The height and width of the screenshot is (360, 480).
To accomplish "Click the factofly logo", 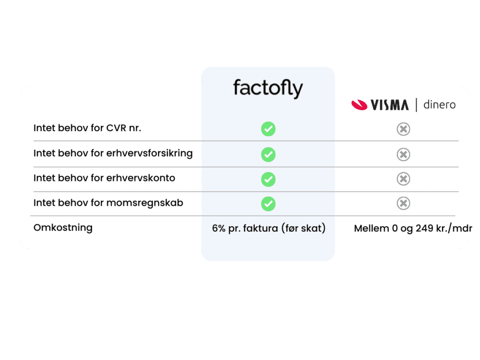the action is pyautogui.click(x=268, y=88).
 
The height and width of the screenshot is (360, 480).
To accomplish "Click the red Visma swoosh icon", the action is pyautogui.click(x=359, y=105).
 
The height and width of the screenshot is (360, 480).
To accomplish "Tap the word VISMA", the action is pyautogui.click(x=390, y=105).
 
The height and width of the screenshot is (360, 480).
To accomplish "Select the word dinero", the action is pyautogui.click(x=439, y=105).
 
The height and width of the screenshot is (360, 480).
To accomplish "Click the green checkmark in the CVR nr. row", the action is pyautogui.click(x=268, y=129).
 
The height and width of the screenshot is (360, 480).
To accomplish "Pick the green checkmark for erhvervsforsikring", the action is pyautogui.click(x=268, y=154).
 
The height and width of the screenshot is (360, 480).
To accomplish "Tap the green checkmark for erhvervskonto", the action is pyautogui.click(x=268, y=179).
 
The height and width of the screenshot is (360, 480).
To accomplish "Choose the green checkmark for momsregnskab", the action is pyautogui.click(x=268, y=203).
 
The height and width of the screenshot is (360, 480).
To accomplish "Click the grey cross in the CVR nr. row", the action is pyautogui.click(x=404, y=129).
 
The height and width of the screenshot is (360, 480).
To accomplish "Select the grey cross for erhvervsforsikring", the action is pyautogui.click(x=404, y=154).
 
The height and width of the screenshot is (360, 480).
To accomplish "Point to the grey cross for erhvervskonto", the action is pyautogui.click(x=404, y=179).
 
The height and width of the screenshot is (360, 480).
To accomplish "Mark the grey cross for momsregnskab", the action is pyautogui.click(x=404, y=203).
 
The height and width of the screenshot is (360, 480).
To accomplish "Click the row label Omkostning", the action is pyautogui.click(x=63, y=228).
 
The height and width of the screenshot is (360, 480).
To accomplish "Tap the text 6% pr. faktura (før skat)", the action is pyautogui.click(x=269, y=228).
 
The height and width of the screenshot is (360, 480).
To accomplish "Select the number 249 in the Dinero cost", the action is pyautogui.click(x=424, y=228).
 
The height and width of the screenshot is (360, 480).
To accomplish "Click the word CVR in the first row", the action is pyautogui.click(x=116, y=128).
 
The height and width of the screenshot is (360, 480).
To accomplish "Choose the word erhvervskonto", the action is pyautogui.click(x=141, y=178).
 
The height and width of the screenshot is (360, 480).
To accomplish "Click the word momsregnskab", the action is pyautogui.click(x=144, y=203).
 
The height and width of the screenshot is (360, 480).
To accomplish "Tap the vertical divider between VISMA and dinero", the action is pyautogui.click(x=416, y=105).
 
